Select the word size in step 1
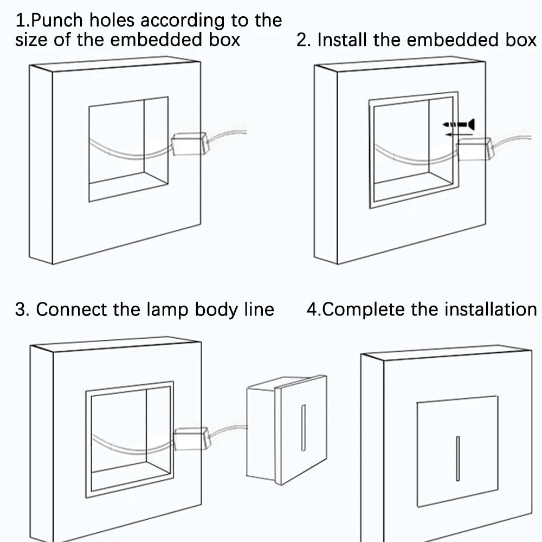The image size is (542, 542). tap(31, 40)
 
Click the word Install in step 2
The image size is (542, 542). tap(342, 40)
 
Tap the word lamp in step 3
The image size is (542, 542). tap(167, 309)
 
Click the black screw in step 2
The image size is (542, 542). tap(459, 124)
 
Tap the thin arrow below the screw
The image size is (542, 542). tap(459, 134)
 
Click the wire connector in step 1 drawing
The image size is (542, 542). tap(190, 144)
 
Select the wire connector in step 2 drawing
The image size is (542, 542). tap(475, 149)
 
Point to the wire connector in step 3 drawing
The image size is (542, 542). tap(191, 438)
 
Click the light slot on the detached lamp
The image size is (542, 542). tap(303, 428)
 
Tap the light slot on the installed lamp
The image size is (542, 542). tap(457, 459)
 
